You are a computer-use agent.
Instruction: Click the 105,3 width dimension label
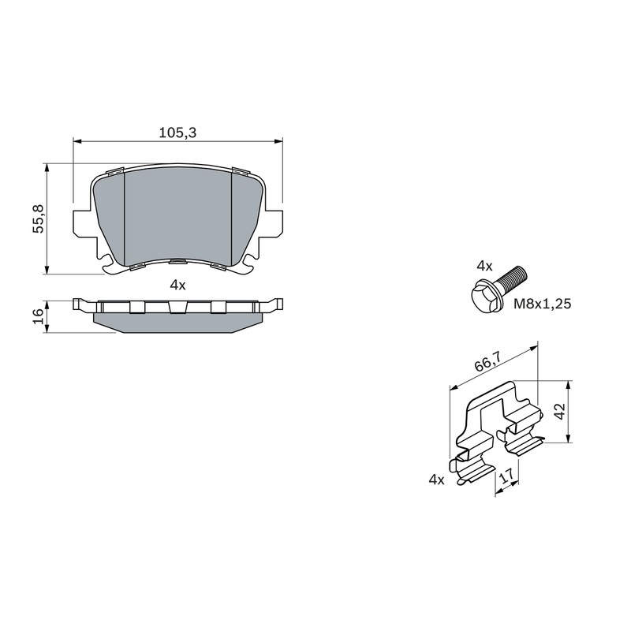point(177,133)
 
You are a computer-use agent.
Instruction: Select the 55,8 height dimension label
point(39,218)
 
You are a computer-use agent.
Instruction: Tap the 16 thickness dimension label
point(38,317)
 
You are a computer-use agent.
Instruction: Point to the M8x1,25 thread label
point(542,304)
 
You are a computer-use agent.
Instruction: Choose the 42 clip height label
point(560,411)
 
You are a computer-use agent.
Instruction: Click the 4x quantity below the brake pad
point(177,286)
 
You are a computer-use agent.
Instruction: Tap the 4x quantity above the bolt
point(484,266)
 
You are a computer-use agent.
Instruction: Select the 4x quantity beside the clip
point(436,480)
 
